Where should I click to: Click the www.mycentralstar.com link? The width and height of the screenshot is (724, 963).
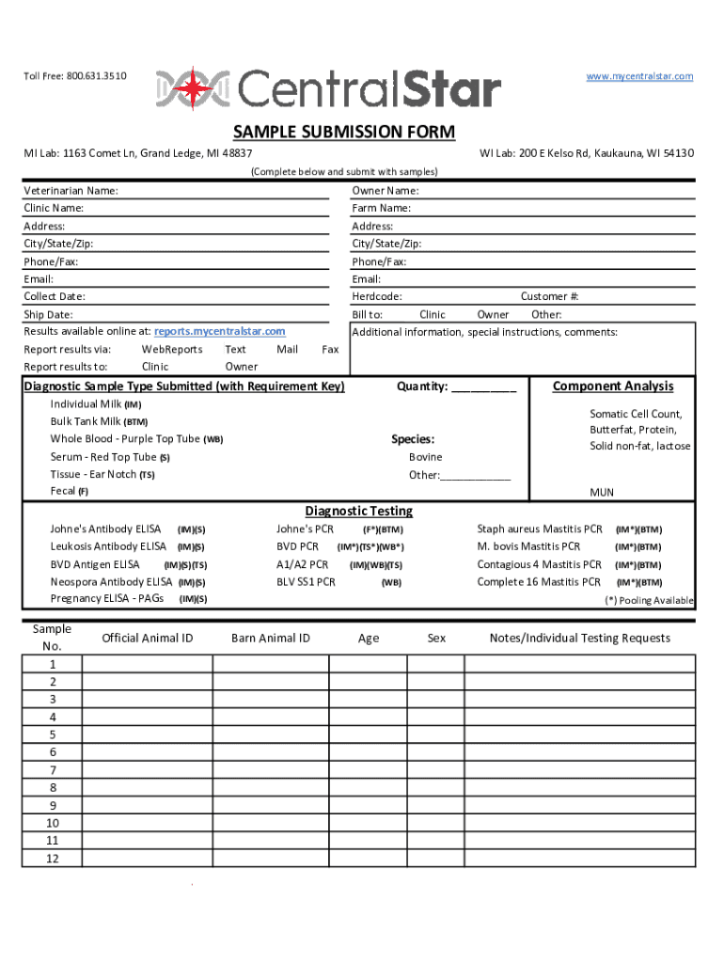click(639, 76)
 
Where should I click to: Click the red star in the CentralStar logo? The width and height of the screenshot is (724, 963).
click(195, 88)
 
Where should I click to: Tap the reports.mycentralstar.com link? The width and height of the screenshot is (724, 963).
click(220, 331)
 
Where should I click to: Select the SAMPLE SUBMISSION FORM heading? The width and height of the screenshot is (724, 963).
click(344, 132)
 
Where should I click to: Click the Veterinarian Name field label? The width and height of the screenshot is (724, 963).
click(71, 191)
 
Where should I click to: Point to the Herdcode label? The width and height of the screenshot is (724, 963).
click(377, 296)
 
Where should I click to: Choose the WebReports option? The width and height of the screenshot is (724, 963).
click(171, 349)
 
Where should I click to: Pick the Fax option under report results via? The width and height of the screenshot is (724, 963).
click(330, 349)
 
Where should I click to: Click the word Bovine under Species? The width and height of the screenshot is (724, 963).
click(425, 457)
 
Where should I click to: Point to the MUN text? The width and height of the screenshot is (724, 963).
click(602, 492)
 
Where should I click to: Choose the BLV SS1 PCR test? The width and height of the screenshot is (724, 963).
click(306, 582)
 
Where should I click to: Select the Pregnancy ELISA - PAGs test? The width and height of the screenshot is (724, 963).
click(106, 599)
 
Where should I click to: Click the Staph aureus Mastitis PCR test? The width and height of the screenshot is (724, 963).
click(540, 529)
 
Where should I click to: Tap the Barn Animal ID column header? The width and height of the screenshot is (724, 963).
click(271, 639)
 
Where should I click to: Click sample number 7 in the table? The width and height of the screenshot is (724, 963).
click(53, 770)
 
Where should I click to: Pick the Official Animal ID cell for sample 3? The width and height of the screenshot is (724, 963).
click(147, 700)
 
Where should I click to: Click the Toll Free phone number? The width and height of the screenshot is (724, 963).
click(98, 76)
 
